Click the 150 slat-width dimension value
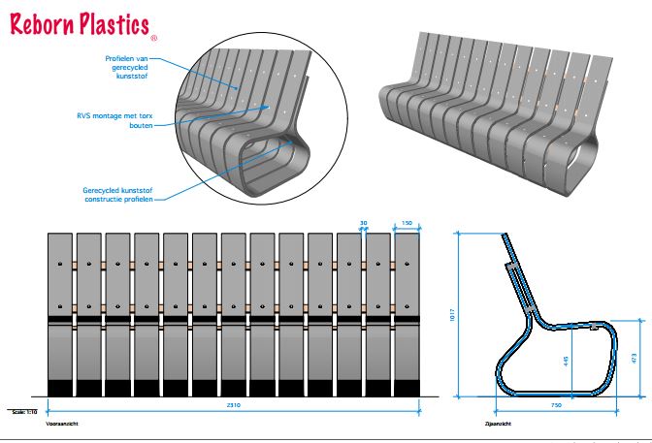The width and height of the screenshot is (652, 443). [x=407, y=223]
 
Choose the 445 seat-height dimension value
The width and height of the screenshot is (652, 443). [x=565, y=361]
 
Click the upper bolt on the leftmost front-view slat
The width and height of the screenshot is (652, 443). [x=61, y=264]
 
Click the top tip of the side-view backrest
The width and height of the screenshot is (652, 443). [x=504, y=236]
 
